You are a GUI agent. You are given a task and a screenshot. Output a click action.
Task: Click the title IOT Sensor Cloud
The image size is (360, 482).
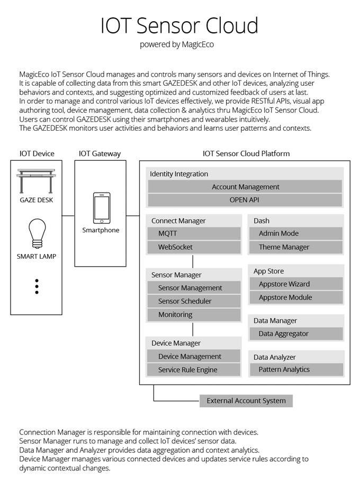point(179,25)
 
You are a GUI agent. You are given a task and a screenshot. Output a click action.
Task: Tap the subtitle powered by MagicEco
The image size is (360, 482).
point(177,44)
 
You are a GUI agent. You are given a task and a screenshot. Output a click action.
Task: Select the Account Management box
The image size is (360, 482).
point(245,187)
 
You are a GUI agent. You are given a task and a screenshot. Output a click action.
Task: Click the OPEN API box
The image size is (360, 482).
point(245,200)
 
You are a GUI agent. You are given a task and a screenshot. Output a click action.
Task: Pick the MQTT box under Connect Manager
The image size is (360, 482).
point(194,233)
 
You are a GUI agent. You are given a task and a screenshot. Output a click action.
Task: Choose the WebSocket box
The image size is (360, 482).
point(194,247)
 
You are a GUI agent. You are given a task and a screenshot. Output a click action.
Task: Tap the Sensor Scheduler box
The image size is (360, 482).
point(194,301)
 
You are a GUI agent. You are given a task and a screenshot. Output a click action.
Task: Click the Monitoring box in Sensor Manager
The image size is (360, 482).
point(194,314)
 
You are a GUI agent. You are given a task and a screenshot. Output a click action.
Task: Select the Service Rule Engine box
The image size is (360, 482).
point(194,370)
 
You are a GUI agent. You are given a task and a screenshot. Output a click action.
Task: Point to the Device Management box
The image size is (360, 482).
point(194,357)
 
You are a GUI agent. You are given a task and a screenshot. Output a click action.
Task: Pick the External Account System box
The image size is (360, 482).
point(246,401)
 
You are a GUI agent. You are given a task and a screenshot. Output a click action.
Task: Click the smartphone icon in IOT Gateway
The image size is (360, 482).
point(101,208)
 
